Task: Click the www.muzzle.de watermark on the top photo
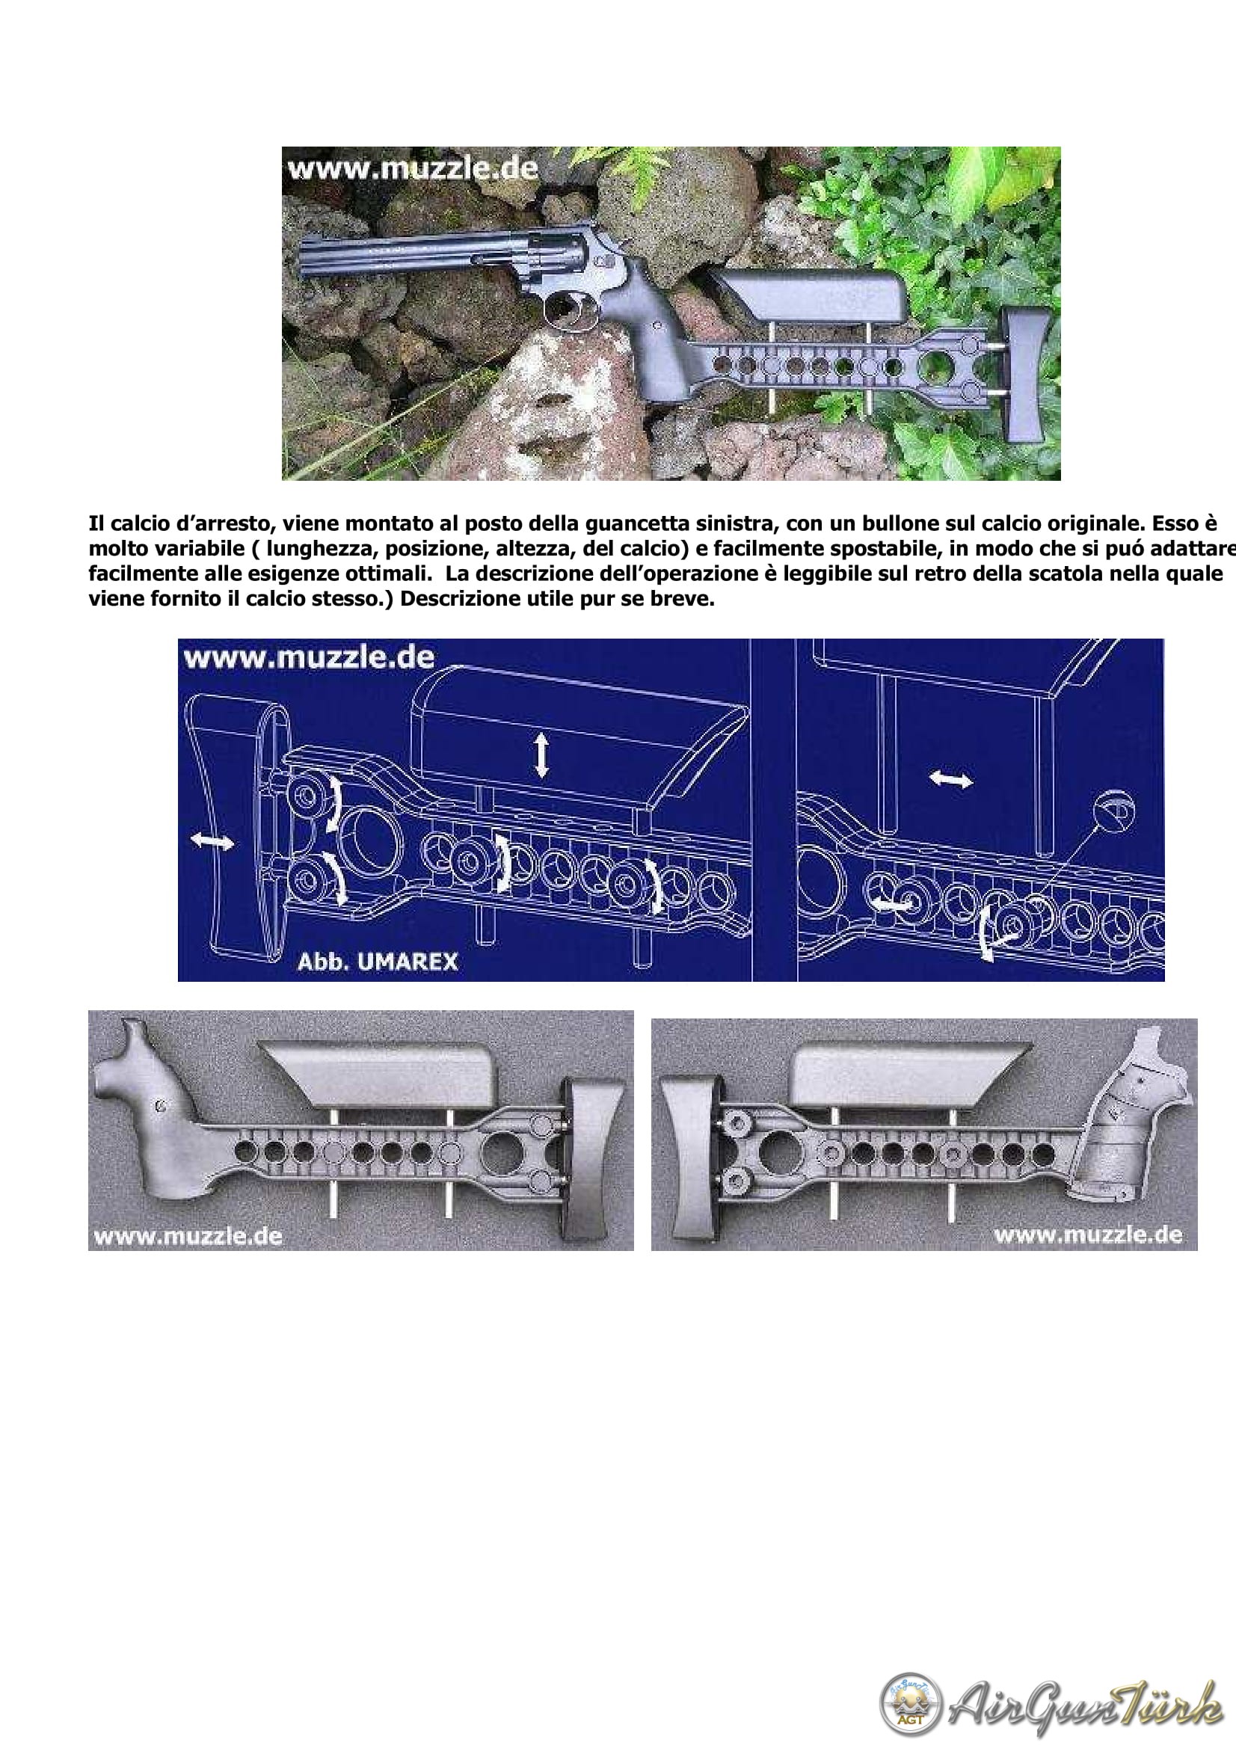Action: [412, 167]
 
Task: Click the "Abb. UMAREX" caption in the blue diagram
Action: [378, 962]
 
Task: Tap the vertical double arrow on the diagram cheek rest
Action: [541, 755]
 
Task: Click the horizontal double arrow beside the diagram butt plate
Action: [212, 841]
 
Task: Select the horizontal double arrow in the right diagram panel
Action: [952, 779]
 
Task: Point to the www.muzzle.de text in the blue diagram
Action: [308, 658]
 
